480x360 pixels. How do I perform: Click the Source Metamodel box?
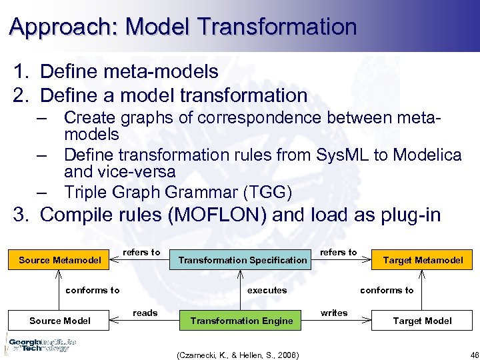coord(60,259)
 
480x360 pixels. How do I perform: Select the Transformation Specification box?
coord(243,259)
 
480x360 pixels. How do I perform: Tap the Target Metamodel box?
coord(422,259)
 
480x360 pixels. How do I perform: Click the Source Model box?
coord(60,321)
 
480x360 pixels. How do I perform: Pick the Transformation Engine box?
coord(241,321)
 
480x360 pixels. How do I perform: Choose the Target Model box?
coord(422,321)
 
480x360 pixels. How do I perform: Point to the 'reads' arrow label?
coord(145,313)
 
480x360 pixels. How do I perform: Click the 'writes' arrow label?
coord(333,313)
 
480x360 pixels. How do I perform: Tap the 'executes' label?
coord(267,290)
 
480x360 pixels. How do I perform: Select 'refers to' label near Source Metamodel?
coord(141,252)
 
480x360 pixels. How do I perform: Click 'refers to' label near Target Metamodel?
coord(339,252)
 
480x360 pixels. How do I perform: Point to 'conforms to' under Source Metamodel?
coord(93,290)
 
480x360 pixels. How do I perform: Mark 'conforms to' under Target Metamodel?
coord(387,290)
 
